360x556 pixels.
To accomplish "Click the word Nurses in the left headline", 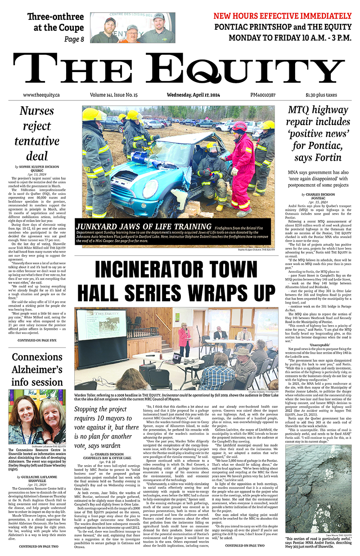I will [37, 111].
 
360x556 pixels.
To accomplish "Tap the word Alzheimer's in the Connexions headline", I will [37, 370].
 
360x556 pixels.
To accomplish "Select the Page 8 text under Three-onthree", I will [74, 39].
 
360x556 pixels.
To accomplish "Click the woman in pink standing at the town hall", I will [184, 339].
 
